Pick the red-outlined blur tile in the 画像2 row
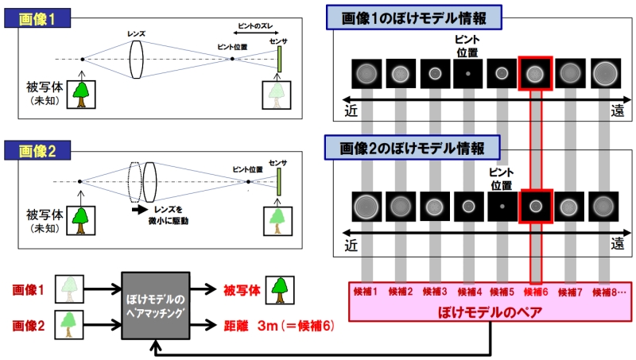click(535, 206)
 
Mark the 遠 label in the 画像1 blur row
click(618, 112)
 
